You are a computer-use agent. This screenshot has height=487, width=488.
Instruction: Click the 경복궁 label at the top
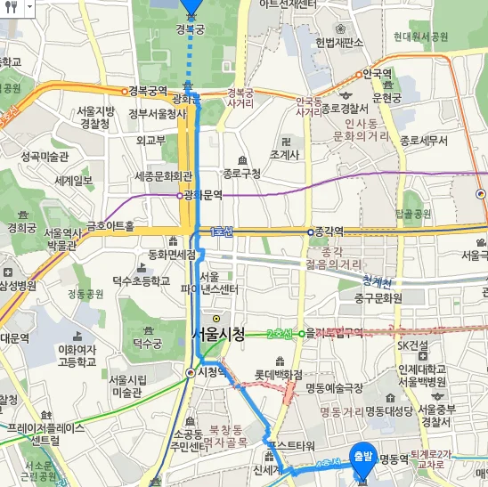coord(191,29)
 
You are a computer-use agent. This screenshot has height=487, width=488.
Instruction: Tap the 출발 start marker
coord(362,456)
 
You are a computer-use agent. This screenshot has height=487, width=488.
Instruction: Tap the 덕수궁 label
coord(148,342)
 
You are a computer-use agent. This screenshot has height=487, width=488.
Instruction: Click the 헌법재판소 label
coord(339,42)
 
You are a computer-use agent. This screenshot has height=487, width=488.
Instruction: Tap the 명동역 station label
coord(392,459)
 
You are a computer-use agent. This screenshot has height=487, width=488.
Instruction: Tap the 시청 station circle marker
coord(191,372)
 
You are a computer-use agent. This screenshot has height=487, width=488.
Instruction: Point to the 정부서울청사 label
coord(157,113)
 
